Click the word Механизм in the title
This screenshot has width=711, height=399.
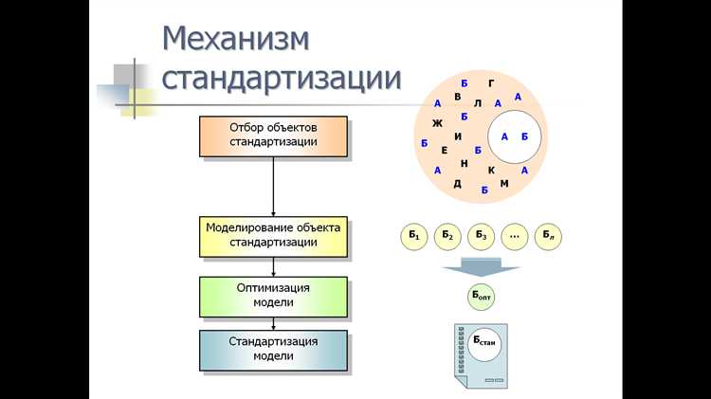(235, 39)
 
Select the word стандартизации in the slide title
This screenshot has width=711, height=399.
(281, 78)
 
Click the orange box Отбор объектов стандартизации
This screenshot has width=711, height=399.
(273, 136)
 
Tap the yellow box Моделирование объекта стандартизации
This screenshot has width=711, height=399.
(273, 235)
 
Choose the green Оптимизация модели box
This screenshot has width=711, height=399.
(273, 295)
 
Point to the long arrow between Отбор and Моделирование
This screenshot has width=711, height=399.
(273, 186)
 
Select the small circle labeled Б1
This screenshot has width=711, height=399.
(414, 235)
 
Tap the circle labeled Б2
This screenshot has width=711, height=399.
(447, 235)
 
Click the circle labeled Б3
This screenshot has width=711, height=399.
(481, 235)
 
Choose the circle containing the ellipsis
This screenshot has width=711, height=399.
(515, 235)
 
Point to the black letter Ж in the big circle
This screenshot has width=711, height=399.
(437, 123)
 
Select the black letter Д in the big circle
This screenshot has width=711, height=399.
(457, 184)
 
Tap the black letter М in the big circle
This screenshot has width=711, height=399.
(504, 183)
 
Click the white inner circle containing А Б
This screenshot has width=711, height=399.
(514, 136)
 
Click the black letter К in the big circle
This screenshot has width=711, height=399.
(491, 170)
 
